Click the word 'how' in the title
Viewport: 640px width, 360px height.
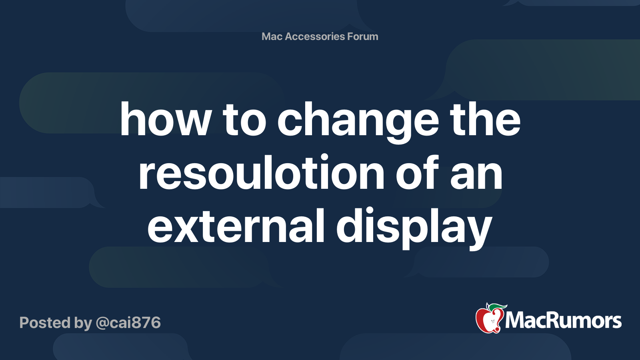coord(166,119)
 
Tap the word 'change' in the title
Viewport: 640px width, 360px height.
coord(358,122)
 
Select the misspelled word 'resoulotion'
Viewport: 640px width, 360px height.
coord(262,172)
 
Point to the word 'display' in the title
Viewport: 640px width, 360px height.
coord(414,228)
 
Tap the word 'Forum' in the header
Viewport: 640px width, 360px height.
coord(362,36)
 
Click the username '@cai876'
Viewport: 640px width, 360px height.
coord(128,323)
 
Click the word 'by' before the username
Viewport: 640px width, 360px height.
coord(83,324)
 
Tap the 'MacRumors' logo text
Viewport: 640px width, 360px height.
coord(563,320)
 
